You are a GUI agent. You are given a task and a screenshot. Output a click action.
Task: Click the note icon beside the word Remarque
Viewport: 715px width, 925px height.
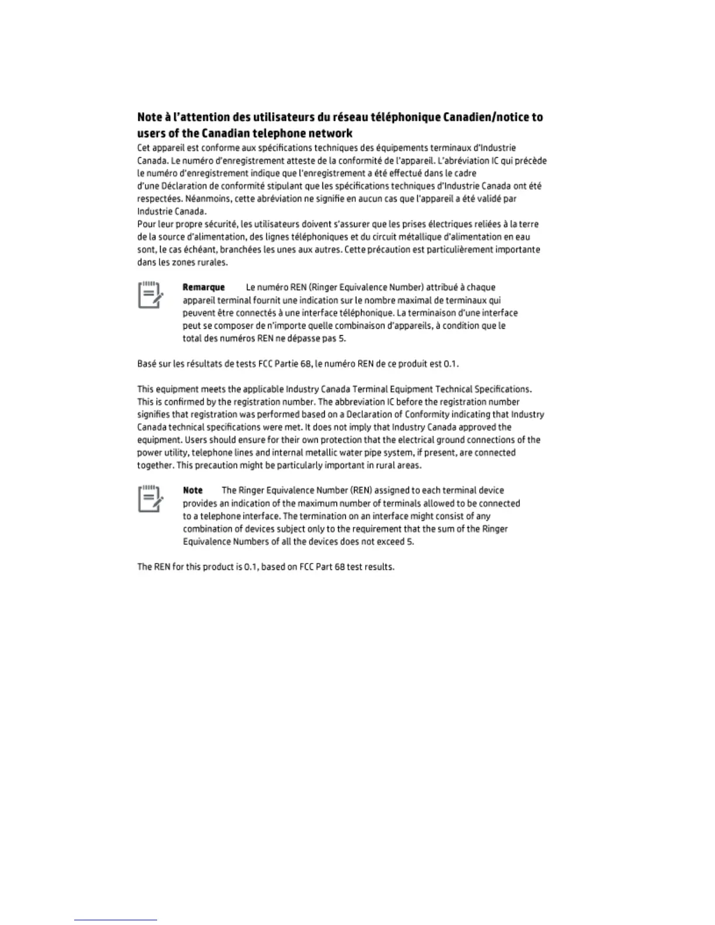[x=150, y=295]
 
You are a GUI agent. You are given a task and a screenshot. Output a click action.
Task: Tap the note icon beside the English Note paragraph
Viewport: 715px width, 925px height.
[x=150, y=498]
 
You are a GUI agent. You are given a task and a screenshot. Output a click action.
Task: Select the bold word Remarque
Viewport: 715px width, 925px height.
[x=204, y=287]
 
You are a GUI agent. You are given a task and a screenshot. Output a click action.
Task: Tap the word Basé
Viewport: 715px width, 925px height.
[x=146, y=364]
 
